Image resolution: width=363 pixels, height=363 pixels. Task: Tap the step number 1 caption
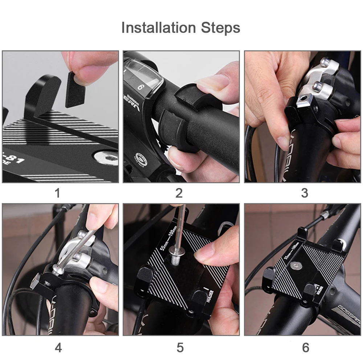(x=57, y=193)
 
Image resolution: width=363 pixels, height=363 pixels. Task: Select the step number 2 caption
(x=179, y=193)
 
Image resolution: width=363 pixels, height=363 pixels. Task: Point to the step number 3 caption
(x=304, y=193)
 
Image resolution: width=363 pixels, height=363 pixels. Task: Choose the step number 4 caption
(x=58, y=348)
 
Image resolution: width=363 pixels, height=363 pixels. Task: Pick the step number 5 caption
(x=180, y=348)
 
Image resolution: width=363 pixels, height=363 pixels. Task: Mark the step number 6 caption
(x=306, y=348)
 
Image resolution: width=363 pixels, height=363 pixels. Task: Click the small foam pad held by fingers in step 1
(x=75, y=89)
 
